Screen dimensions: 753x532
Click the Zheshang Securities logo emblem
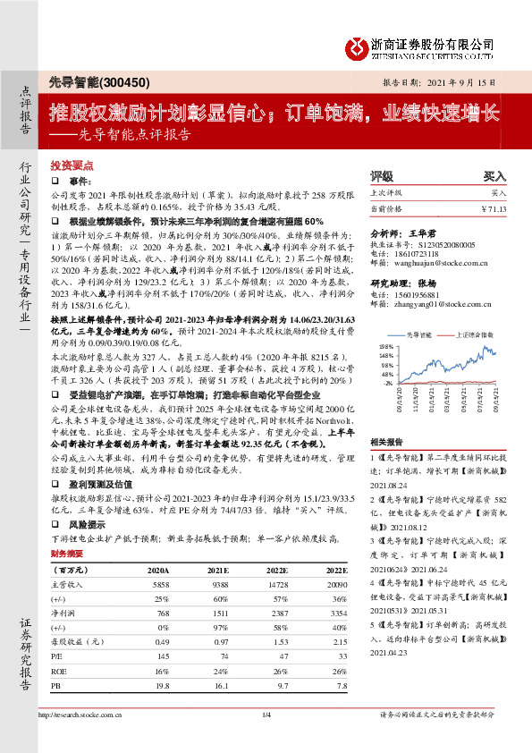pyautogui.click(x=358, y=44)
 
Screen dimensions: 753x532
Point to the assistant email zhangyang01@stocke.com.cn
pyautogui.click(x=435, y=305)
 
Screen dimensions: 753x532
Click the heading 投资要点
pyautogui.click(x=72, y=166)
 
